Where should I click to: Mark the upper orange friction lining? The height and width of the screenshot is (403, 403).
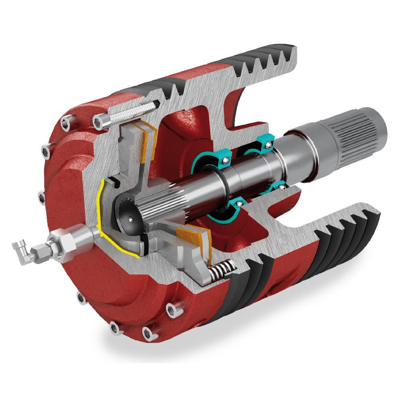point(148,139)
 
